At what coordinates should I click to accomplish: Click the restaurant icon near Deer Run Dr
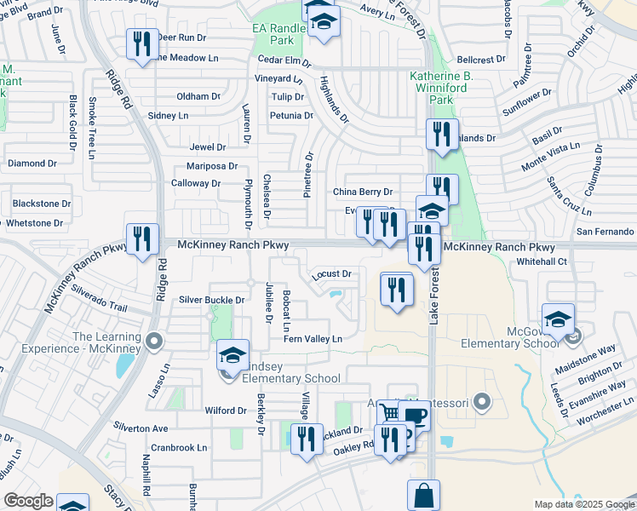coord(141,43)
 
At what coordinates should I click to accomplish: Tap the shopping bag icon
coord(423,495)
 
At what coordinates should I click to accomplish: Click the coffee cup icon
coord(416,416)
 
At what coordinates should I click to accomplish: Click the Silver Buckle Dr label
coord(212,300)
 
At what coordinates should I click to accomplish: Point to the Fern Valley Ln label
coord(313,339)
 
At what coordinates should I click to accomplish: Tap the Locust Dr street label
coord(332,273)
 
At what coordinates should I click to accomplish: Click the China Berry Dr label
coord(363,192)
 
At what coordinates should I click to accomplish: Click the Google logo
coord(27,501)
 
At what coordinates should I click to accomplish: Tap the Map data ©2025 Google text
coord(583,504)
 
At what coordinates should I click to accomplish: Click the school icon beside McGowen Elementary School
coord(558,320)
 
